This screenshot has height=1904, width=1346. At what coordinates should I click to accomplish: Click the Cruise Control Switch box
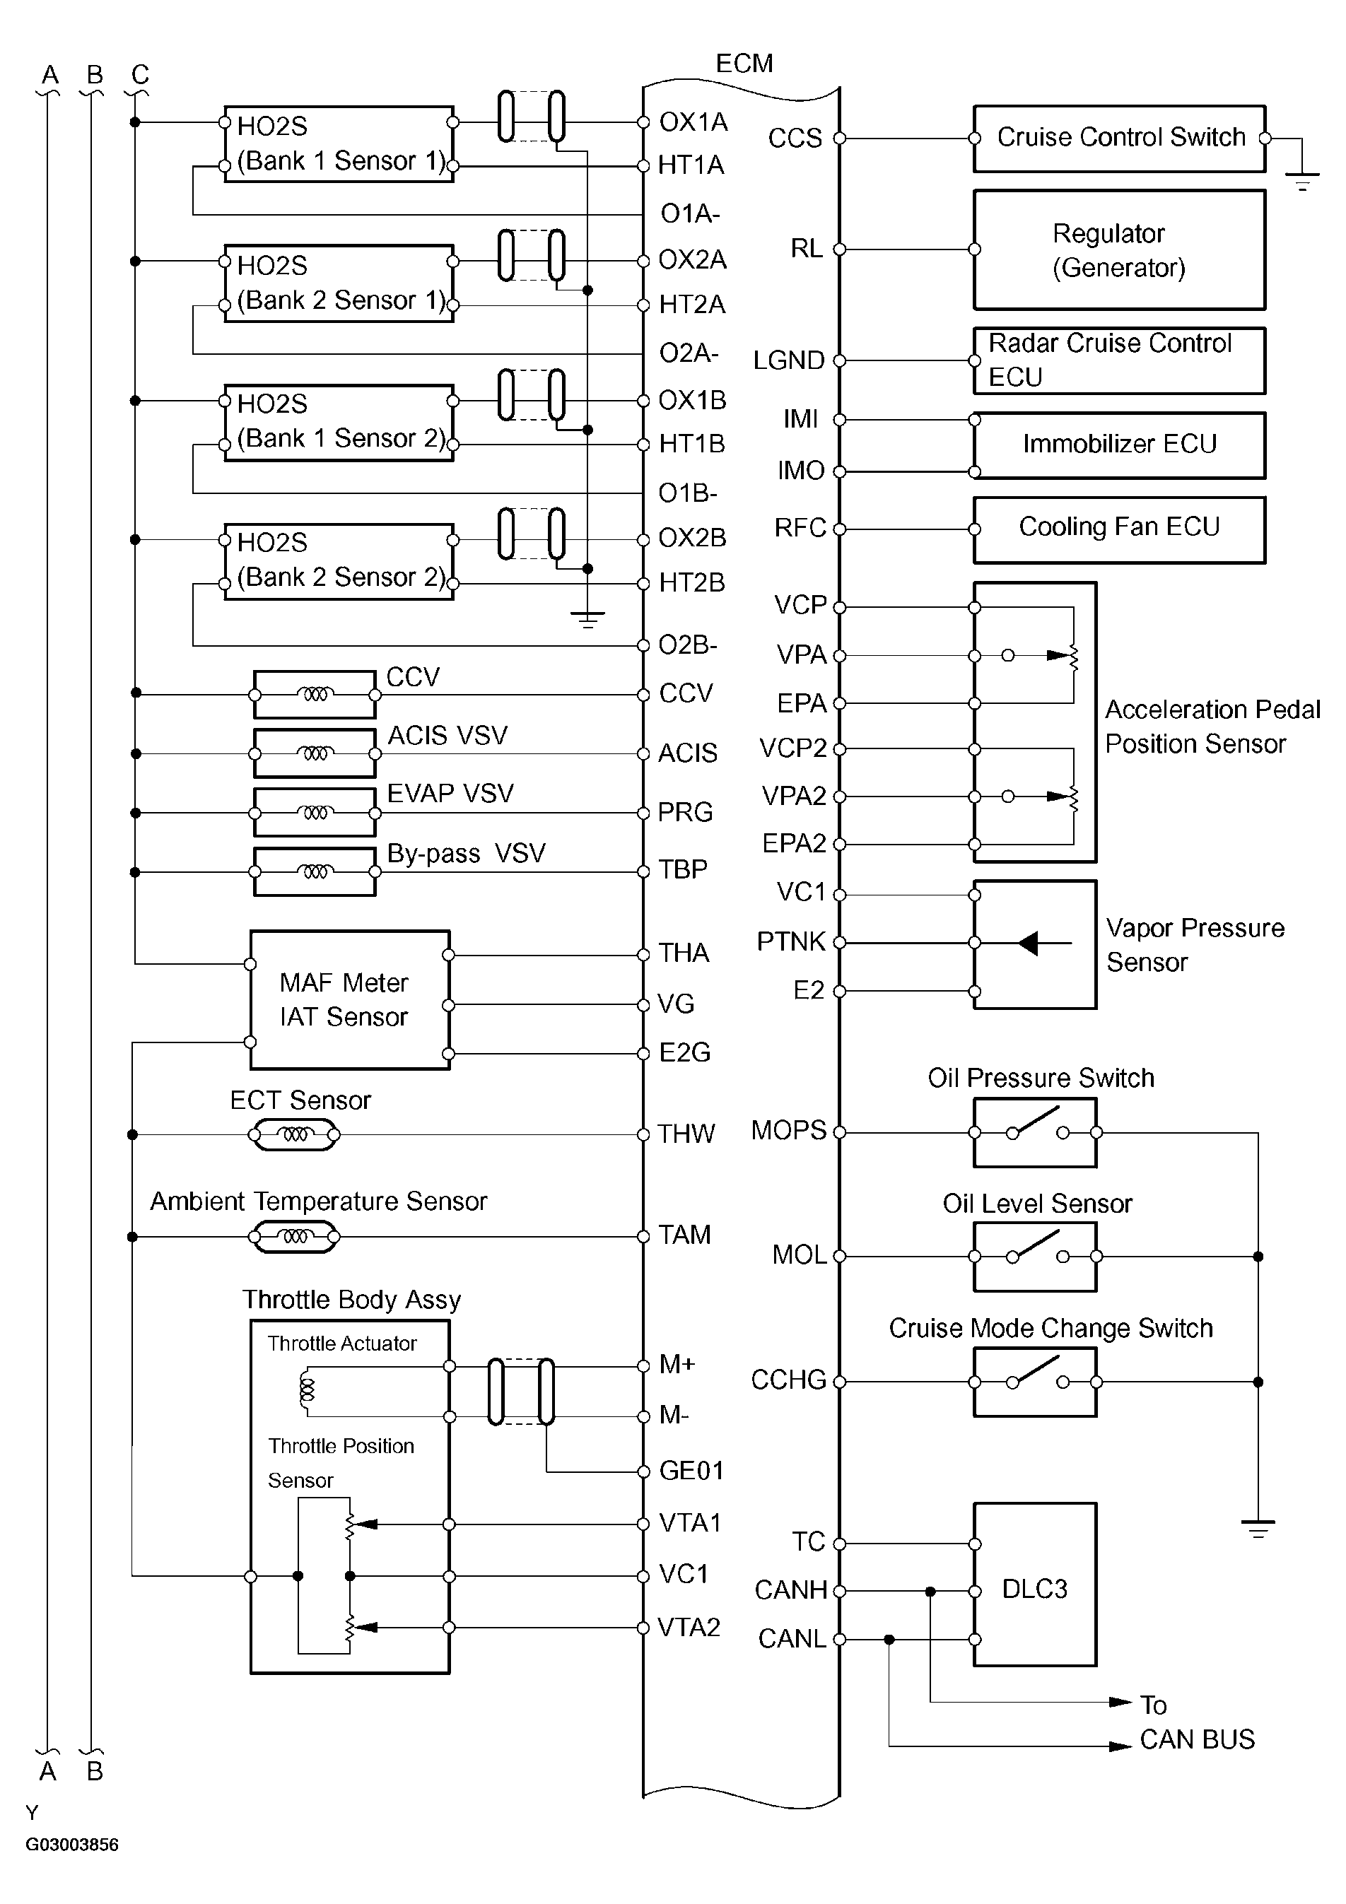coord(1119,139)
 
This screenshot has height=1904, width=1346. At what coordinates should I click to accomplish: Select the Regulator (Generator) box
coord(1119,249)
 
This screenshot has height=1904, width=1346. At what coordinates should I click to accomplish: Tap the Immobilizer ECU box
coord(1119,445)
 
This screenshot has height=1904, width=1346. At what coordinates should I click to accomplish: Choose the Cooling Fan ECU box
coord(1119,529)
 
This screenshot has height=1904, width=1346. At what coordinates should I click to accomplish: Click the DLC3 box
coord(1034,1589)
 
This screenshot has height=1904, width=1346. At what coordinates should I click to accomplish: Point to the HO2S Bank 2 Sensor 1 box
coord(339,283)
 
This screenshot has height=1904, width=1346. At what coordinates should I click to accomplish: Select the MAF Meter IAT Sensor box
coord(349,999)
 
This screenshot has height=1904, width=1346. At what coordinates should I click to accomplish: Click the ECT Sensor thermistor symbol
coord(294,1134)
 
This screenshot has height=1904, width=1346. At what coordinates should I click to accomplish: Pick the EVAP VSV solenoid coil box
coord(315,813)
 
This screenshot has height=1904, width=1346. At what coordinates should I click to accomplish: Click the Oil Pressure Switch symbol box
coord(1034,1132)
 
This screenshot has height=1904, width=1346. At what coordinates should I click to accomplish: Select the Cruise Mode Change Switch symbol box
coord(1034,1382)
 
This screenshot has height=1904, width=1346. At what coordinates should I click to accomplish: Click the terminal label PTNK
coord(791,942)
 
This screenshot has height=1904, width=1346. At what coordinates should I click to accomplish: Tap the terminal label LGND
coord(789,360)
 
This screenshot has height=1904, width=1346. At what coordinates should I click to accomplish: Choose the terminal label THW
coord(686,1134)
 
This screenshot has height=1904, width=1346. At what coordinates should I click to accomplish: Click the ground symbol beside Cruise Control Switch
coord(1302,179)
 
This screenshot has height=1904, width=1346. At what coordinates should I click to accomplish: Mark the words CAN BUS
coord(1197,1740)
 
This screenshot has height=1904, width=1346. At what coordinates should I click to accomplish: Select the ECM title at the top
coord(744,63)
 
